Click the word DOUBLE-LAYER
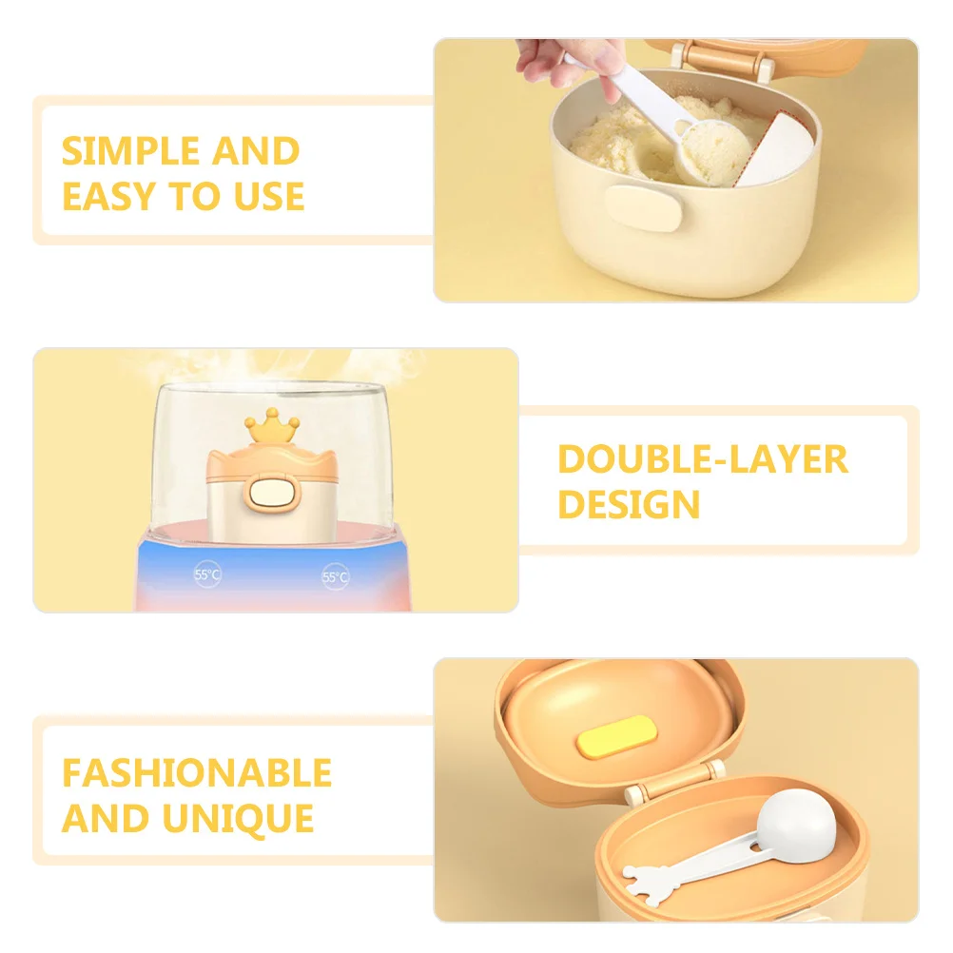pos(702,459)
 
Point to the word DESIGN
pos(629,505)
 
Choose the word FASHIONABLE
pos(197,773)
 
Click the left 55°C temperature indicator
pos(206,575)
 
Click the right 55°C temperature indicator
pos(335,576)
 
